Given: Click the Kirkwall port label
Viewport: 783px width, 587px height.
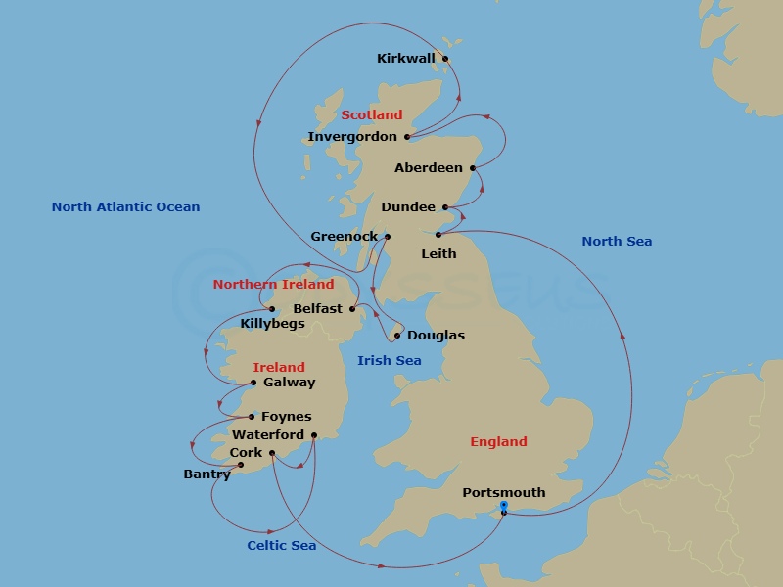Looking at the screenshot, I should tap(405, 59).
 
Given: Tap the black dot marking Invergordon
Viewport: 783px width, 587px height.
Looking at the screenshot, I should tap(407, 137).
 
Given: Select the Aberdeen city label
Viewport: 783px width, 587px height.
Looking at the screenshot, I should tap(429, 168).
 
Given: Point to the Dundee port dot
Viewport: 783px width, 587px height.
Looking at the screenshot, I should tap(445, 207).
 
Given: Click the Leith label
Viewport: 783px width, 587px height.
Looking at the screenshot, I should tap(438, 254).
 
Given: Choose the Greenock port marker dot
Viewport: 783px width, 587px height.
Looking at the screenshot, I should tap(388, 237).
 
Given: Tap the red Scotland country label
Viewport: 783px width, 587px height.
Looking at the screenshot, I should tap(372, 115).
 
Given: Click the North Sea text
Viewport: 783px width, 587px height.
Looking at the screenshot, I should tap(617, 242).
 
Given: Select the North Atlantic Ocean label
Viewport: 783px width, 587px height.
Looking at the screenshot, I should tap(125, 207).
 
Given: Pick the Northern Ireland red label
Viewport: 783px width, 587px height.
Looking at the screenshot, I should tap(273, 285).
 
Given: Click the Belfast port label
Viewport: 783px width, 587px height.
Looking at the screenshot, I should tap(318, 309).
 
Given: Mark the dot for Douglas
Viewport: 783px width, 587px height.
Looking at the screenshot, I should tap(397, 336).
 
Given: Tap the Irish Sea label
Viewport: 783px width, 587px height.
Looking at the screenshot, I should tap(390, 361).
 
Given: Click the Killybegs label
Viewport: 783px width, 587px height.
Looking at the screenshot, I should tap(272, 324).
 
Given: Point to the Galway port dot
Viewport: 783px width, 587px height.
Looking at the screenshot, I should tap(253, 383).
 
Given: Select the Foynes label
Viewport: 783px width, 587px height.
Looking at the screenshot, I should tap(286, 417).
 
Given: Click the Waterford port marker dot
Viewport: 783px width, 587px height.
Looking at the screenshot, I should tap(314, 435).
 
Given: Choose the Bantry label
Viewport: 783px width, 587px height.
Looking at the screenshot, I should tap(207, 474).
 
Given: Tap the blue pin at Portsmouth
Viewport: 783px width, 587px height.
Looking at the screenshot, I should tap(503, 506).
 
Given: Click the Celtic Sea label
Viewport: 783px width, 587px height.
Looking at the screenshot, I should tap(282, 546).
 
